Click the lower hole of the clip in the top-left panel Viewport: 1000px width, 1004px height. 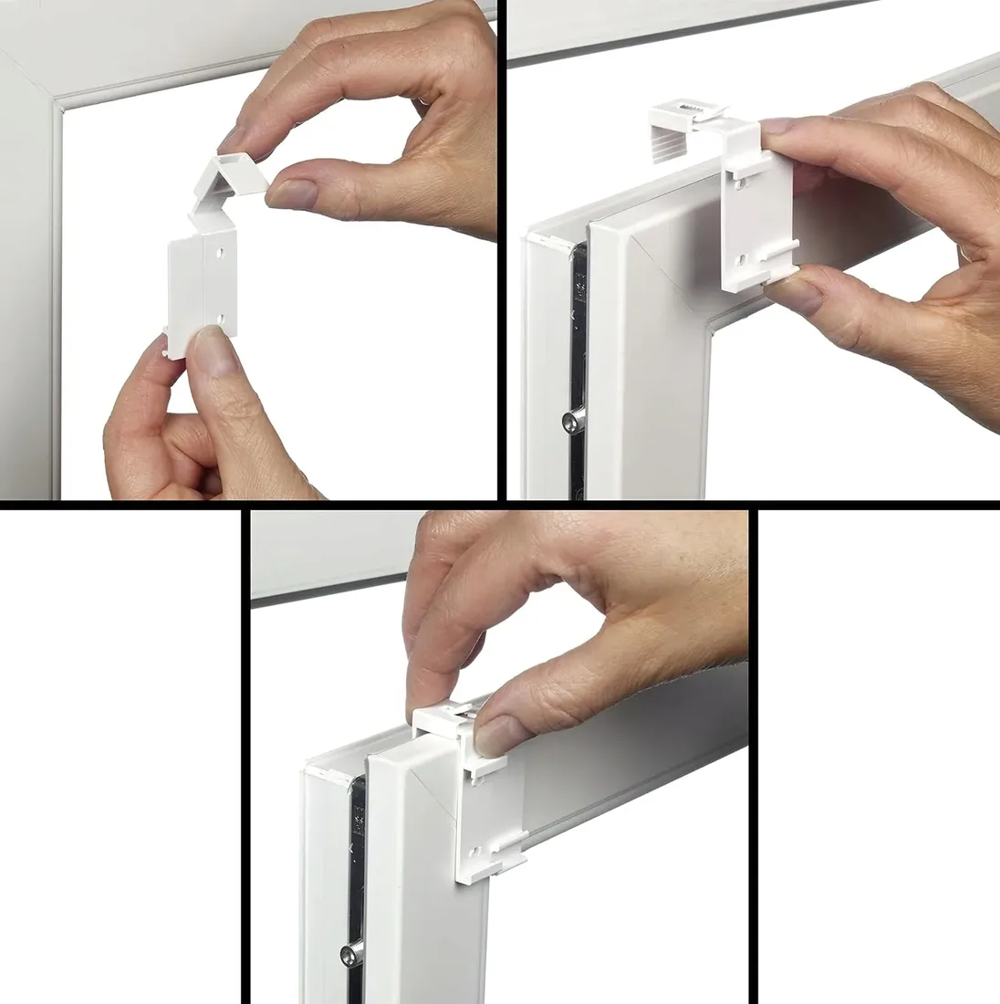tap(220, 319)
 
